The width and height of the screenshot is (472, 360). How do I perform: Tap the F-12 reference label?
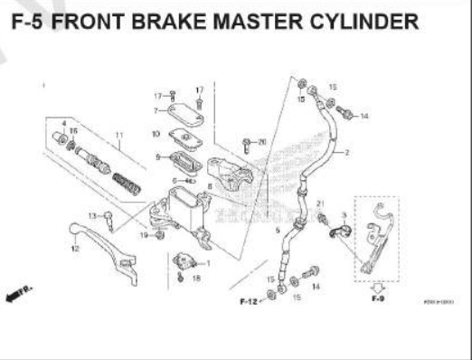[250, 300]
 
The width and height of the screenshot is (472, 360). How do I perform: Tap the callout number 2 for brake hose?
[346, 153]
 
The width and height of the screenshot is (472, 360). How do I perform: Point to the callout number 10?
[156, 134]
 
